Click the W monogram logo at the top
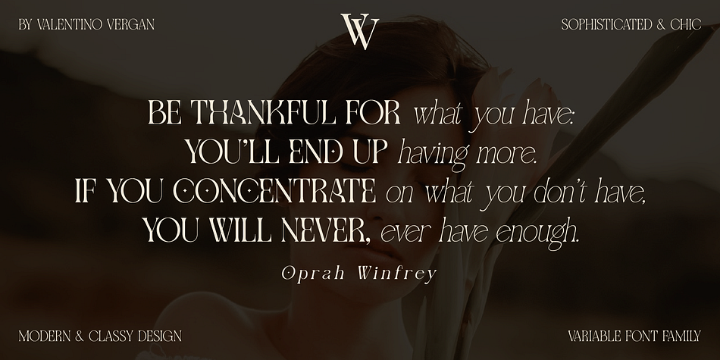pyautogui.click(x=360, y=31)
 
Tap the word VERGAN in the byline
pyautogui.click(x=130, y=24)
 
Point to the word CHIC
pyautogui.click(x=686, y=24)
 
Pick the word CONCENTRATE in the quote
pyautogui.click(x=274, y=190)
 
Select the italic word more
pyautogui.click(x=506, y=154)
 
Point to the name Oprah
pyautogui.click(x=313, y=274)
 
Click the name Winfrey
pyautogui.click(x=396, y=274)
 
